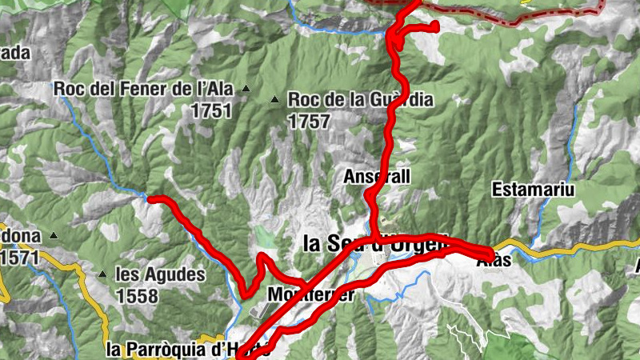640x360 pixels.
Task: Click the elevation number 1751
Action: coord(211,110)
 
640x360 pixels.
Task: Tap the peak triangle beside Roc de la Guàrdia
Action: coord(275,100)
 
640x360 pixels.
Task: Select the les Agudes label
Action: coord(160,275)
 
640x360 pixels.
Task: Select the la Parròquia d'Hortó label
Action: coord(184,349)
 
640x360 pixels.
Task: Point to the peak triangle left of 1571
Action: coord(53,236)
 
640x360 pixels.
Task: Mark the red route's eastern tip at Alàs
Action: coord(489,252)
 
